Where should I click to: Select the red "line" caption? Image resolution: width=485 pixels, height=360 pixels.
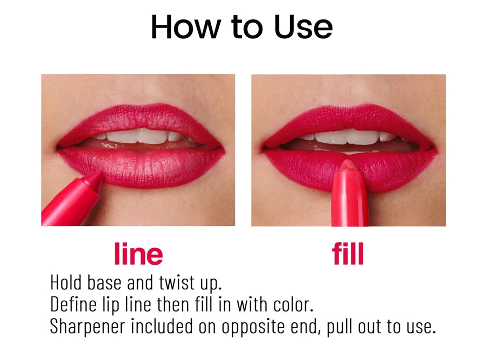click(x=138, y=254)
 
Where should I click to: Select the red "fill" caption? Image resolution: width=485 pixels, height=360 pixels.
click(x=348, y=254)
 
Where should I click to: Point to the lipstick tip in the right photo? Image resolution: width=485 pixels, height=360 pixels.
click(x=348, y=164)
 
